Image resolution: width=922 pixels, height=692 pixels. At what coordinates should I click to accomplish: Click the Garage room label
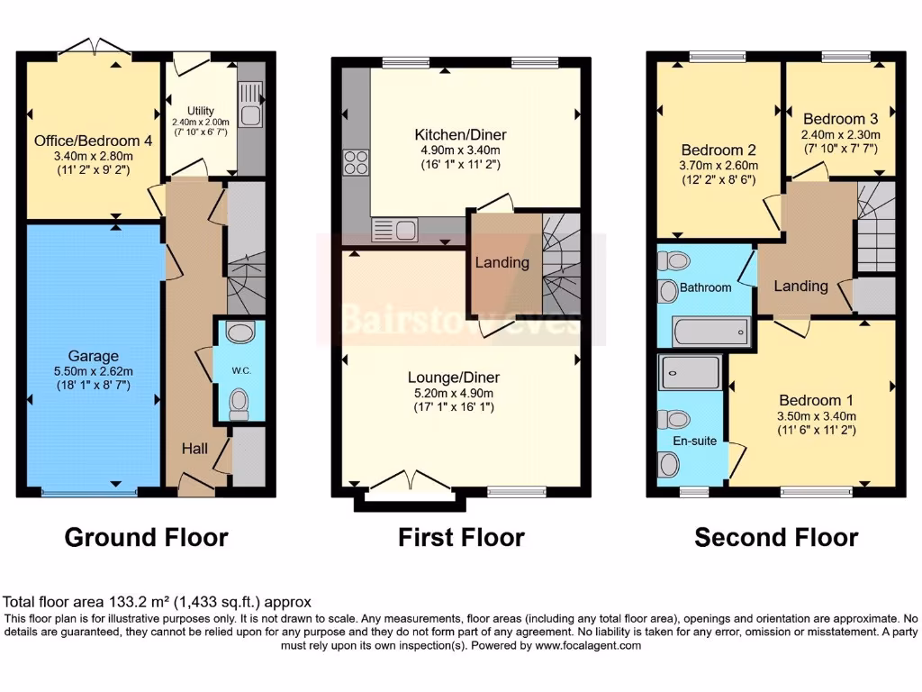coord(93,357)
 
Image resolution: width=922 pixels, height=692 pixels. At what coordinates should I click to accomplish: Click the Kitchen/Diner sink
coord(394,230)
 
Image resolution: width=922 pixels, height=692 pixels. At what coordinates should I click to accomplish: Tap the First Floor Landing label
coord(502,262)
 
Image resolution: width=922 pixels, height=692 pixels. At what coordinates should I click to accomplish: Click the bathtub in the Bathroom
coord(710,331)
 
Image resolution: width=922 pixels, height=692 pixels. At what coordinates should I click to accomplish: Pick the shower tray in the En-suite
coord(691,372)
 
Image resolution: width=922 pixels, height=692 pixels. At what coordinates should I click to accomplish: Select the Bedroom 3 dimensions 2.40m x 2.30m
coord(840,135)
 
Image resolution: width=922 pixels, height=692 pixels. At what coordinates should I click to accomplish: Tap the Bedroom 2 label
coord(718,150)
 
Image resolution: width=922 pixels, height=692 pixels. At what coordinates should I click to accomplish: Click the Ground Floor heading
coord(146,538)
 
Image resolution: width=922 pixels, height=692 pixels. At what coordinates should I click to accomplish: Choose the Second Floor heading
coord(775,538)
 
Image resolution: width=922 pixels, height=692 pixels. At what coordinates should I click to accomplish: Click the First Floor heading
coord(461,538)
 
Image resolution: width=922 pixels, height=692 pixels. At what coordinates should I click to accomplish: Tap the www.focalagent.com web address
coord(587,645)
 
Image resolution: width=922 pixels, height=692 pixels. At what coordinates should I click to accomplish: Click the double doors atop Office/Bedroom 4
coord(94,46)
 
